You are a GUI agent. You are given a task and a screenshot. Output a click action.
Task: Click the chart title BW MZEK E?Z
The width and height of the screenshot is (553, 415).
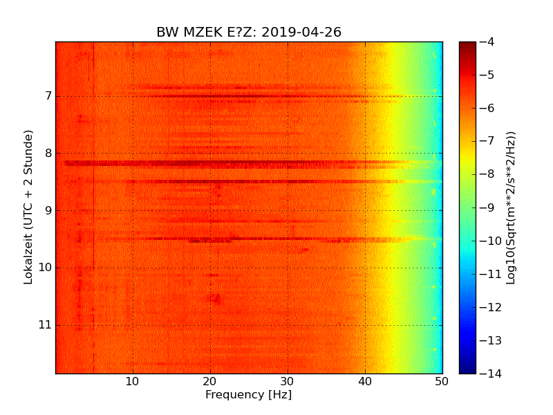pyautogui.click(x=207, y=33)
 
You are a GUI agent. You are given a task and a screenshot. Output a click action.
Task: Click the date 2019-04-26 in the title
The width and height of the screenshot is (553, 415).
pyautogui.click(x=301, y=33)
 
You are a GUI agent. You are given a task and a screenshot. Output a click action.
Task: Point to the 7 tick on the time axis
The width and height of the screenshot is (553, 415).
pyautogui.click(x=47, y=95)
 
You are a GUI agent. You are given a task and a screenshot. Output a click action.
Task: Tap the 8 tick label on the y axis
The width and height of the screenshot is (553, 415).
pyautogui.click(x=47, y=153)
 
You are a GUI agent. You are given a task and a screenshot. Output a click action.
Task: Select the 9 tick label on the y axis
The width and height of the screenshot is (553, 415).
pyautogui.click(x=47, y=210)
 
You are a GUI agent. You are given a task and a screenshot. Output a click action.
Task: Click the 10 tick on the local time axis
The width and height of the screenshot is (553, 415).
pyautogui.click(x=44, y=268)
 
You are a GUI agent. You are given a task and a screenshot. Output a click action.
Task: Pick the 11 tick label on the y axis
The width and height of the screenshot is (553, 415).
pyautogui.click(x=44, y=325)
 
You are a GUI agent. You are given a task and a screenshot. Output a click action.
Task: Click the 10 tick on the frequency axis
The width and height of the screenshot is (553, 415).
pyautogui.click(x=133, y=381)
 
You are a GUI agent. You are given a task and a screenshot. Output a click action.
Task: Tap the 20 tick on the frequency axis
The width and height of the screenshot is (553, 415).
pyautogui.click(x=210, y=381)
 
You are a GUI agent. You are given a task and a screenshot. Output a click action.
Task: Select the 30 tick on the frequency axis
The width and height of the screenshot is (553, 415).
pyautogui.click(x=288, y=381)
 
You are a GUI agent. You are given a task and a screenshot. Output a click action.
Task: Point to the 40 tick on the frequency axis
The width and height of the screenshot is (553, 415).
pyautogui.click(x=365, y=381)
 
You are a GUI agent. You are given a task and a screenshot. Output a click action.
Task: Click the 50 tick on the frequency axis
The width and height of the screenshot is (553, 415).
pyautogui.click(x=442, y=381)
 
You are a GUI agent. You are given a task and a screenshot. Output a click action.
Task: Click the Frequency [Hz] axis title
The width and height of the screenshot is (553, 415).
pyautogui.click(x=248, y=395)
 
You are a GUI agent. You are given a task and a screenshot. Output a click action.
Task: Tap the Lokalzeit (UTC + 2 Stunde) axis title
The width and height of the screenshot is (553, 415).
pyautogui.click(x=29, y=207)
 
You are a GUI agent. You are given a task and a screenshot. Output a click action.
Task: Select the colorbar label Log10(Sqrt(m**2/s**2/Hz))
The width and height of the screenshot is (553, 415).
pyautogui.click(x=511, y=207)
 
